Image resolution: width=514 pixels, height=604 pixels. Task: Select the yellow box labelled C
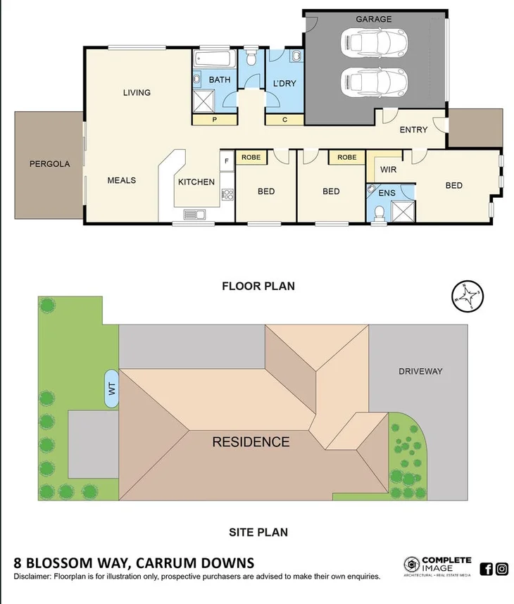[x=284, y=120]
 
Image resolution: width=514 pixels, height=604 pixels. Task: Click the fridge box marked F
[x=226, y=161]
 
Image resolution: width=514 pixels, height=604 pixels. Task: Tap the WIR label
[x=388, y=170]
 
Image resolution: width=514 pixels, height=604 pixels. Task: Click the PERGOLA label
[x=49, y=164]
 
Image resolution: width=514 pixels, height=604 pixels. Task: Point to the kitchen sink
[x=194, y=214]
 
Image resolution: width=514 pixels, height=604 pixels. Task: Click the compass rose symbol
[x=467, y=296]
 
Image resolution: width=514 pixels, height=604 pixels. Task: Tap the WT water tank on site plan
[x=111, y=388]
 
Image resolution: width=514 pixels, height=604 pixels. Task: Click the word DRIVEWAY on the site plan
[x=420, y=371]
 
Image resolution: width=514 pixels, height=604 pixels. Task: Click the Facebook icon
[x=486, y=569]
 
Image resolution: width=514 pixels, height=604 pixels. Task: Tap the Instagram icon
[x=502, y=569]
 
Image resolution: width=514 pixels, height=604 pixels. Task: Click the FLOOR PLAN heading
[x=258, y=286]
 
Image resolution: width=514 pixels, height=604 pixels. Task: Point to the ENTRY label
[x=413, y=130]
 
